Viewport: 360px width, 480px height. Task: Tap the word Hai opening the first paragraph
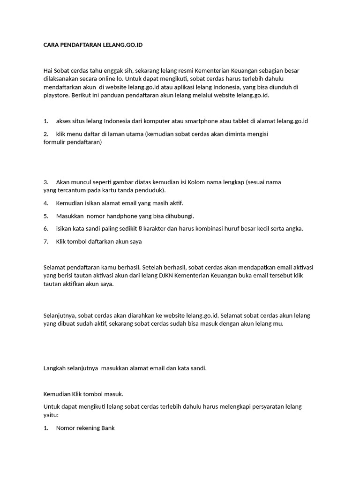click(48, 70)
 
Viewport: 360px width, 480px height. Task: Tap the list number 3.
click(46, 182)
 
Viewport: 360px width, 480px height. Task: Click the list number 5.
click(46, 216)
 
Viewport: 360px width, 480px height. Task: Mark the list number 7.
click(46, 241)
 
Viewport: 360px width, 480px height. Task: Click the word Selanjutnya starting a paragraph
click(60, 315)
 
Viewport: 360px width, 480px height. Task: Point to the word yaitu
click(50, 415)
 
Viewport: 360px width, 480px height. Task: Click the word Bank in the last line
click(107, 427)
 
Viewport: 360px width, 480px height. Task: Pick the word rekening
click(85, 427)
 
